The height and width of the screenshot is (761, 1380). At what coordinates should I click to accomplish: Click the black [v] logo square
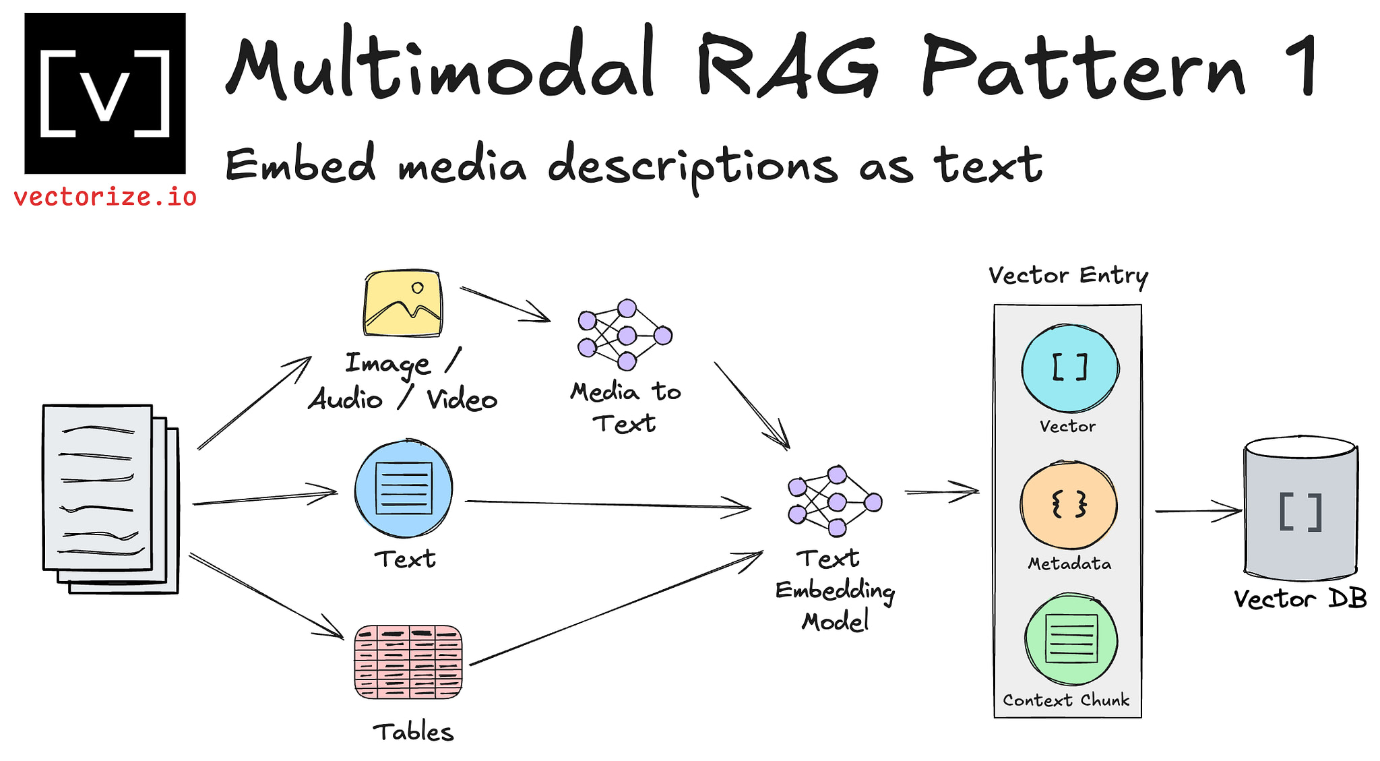pos(104,93)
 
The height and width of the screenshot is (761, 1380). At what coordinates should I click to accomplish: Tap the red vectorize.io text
pos(104,197)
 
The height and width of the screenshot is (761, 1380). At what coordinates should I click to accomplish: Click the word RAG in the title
pos(786,67)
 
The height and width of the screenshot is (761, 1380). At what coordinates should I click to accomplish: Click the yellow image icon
pos(403,303)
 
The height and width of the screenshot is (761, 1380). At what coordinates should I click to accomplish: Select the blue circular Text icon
pos(404,489)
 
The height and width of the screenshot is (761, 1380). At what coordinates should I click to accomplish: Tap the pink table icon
pos(408,662)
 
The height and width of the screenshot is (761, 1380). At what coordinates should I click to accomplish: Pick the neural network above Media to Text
pos(625,335)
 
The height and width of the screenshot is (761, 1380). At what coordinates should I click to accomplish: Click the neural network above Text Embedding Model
pos(835,501)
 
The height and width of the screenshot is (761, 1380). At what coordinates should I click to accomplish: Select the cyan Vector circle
pos(1069,368)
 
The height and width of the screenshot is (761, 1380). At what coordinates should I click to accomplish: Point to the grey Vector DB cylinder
pos(1300,509)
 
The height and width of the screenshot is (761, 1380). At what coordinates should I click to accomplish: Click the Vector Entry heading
pos(1068,276)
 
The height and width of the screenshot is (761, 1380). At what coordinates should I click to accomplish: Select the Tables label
pos(413,732)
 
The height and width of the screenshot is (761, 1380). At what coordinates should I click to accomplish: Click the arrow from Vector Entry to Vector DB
pos(1197,510)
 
